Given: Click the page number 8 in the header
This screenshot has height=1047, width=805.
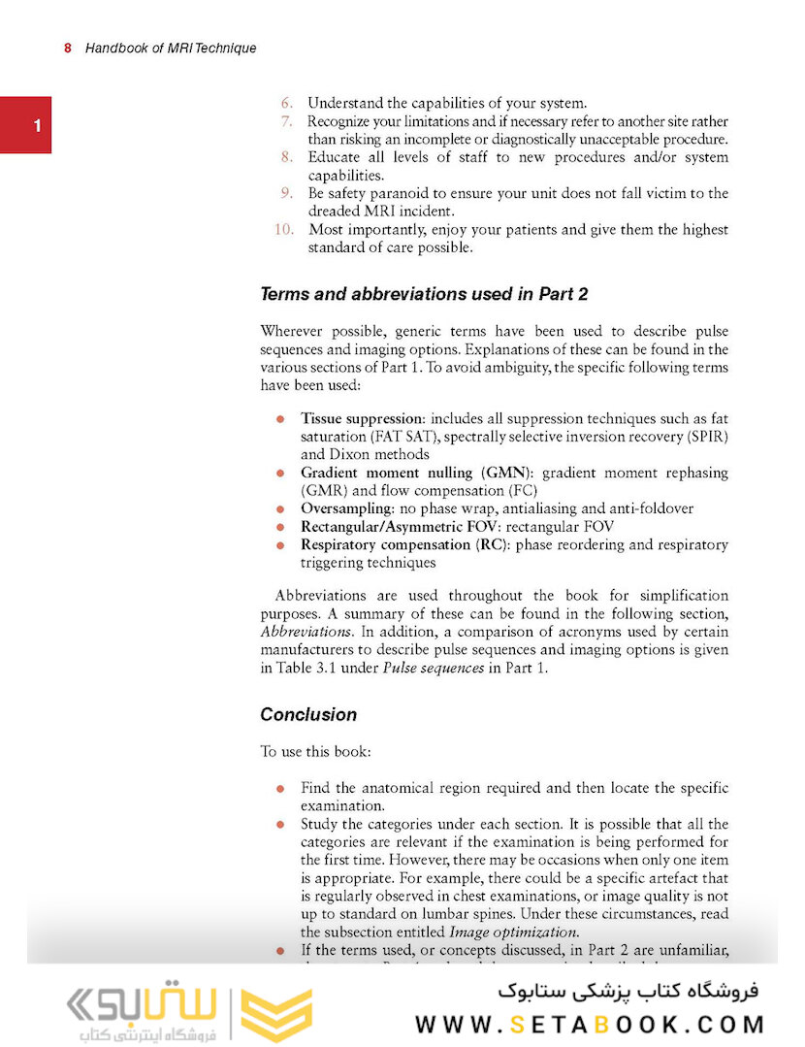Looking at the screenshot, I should [68, 48].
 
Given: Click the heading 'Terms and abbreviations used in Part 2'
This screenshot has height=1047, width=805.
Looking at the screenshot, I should [424, 294].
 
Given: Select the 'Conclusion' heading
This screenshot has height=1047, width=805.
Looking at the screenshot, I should [308, 714].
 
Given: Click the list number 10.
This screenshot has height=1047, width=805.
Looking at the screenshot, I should [283, 230].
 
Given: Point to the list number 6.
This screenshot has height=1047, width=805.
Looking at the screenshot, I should [286, 103].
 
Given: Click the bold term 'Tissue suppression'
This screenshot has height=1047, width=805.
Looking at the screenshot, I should [361, 418].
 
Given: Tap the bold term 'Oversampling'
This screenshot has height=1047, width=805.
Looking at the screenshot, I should [346, 508].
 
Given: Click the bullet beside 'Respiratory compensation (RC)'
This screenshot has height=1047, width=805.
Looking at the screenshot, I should [279, 545].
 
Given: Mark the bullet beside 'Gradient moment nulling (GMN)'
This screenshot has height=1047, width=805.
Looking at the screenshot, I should [279, 473].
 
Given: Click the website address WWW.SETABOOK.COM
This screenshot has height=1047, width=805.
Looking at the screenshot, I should [590, 1024].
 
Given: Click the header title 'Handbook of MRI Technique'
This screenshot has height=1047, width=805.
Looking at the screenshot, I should [171, 48].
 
